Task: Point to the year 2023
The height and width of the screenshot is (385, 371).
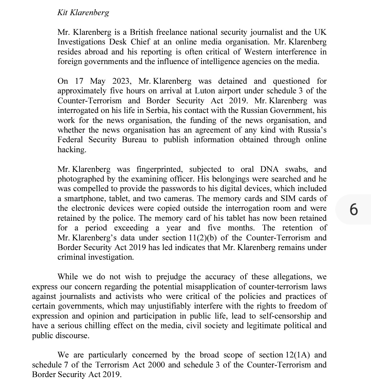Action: click(x=122, y=81)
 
